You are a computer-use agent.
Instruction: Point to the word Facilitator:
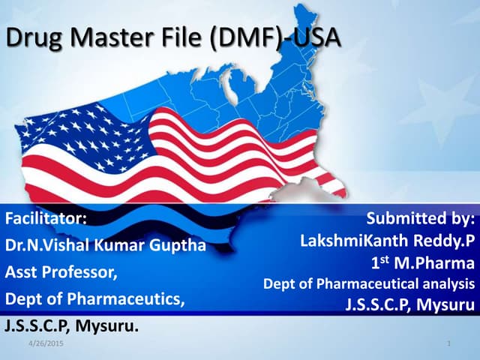coord(46,220)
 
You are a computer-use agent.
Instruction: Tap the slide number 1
coord(447,344)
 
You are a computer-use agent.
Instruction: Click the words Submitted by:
coord(421,220)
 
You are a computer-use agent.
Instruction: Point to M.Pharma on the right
coord(439,264)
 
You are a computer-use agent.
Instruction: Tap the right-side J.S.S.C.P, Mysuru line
coord(409,305)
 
